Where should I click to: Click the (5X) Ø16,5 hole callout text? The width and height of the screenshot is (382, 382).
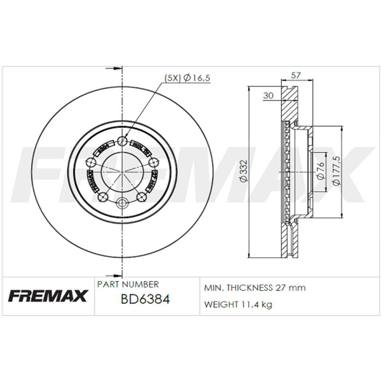click(x=187, y=78)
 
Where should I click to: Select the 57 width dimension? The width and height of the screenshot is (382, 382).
click(x=295, y=76)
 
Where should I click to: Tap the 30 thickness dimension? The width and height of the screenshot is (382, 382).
click(x=268, y=96)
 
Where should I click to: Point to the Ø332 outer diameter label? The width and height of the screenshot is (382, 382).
click(x=244, y=172)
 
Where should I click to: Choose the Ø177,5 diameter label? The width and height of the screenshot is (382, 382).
click(x=337, y=171)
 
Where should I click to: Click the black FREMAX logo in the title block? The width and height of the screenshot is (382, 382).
click(x=48, y=296)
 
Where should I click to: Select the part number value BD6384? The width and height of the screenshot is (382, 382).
click(x=145, y=299)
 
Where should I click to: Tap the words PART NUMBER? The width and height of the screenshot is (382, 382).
click(x=128, y=285)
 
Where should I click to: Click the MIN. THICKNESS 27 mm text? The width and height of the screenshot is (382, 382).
click(x=255, y=288)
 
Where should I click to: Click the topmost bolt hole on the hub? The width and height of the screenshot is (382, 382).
click(x=122, y=141)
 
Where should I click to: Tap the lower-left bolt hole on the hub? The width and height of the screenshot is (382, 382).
click(x=103, y=197)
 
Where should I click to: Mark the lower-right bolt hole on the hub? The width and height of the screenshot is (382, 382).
click(x=141, y=197)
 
